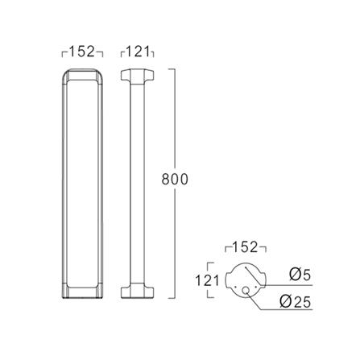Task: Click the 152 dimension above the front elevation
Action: (82, 52)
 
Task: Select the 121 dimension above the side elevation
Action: (138, 52)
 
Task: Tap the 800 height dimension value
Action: (175, 180)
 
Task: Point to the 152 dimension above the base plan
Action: (245, 247)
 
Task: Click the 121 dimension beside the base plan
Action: (207, 281)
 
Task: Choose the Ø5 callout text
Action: (300, 275)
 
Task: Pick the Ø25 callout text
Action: (296, 302)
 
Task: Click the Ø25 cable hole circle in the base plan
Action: (246, 290)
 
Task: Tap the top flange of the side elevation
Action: (138, 75)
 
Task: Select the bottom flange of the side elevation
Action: (138, 292)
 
